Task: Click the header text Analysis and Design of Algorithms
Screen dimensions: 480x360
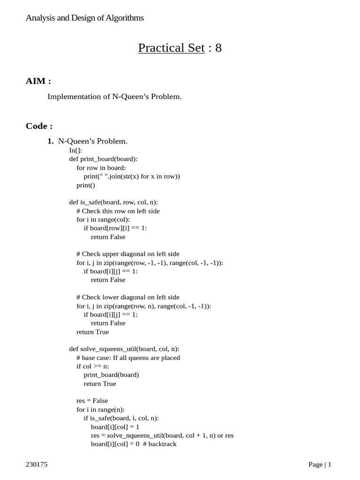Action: click(x=85, y=18)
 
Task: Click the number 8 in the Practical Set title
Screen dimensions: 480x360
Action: click(x=218, y=48)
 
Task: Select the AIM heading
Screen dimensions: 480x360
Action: click(x=38, y=81)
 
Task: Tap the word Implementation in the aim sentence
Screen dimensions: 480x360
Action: click(x=70, y=97)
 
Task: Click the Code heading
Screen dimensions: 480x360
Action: click(x=39, y=126)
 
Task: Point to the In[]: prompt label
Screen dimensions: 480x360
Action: click(x=75, y=150)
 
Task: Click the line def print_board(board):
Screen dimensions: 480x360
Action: click(x=103, y=159)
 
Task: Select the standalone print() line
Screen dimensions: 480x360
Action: click(x=86, y=185)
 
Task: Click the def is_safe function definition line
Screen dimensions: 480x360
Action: click(x=113, y=202)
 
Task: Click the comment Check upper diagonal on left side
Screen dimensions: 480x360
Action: click(x=127, y=254)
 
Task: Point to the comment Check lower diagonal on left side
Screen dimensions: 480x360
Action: click(x=127, y=297)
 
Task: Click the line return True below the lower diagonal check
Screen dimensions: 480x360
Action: click(x=92, y=332)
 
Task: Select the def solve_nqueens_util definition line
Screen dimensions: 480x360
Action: click(x=124, y=349)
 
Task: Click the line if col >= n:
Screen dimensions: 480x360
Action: click(x=93, y=366)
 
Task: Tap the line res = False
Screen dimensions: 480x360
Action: click(x=92, y=401)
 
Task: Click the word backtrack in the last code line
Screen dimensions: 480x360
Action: click(x=162, y=444)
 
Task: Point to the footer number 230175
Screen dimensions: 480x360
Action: click(x=37, y=465)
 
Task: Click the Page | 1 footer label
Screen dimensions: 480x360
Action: click(x=320, y=465)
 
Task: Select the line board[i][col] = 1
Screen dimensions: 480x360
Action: click(x=115, y=427)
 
